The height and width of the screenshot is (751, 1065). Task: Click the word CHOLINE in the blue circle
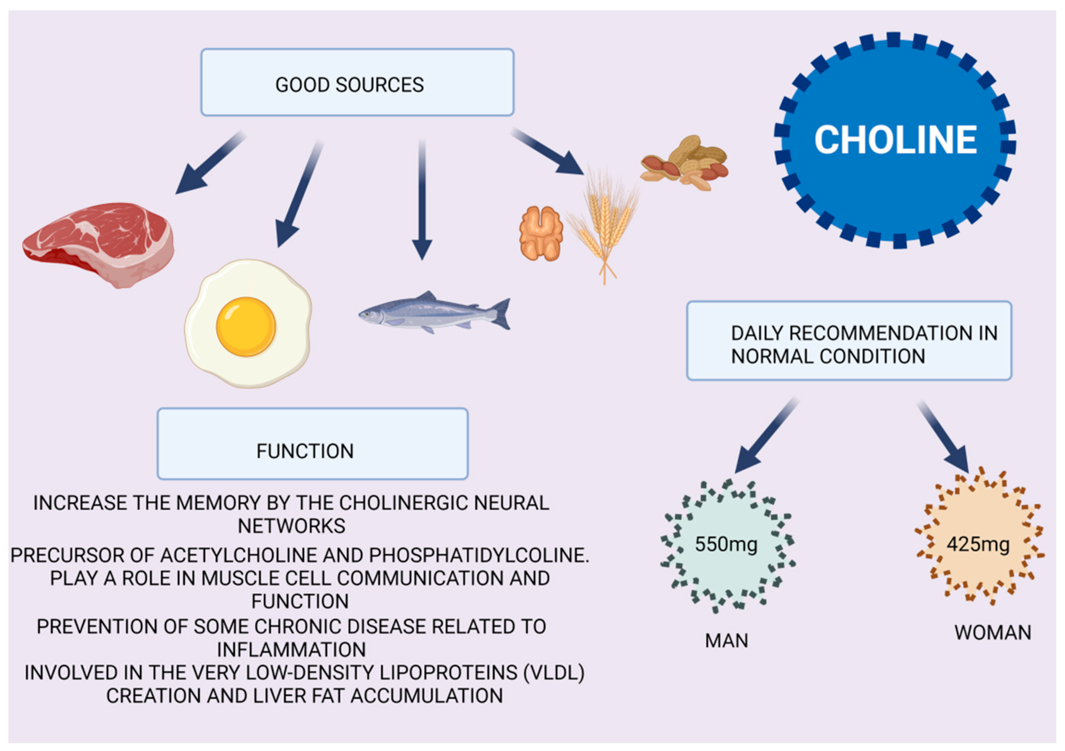click(895, 140)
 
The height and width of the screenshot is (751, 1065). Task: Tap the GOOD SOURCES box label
click(349, 85)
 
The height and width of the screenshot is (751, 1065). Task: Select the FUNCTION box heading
click(305, 451)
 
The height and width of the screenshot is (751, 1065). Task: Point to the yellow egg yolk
click(246, 326)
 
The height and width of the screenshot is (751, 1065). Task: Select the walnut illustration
click(541, 233)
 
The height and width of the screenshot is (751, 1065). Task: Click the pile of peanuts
click(684, 163)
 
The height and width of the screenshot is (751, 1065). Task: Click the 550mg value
click(726, 544)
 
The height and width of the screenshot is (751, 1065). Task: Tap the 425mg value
click(978, 544)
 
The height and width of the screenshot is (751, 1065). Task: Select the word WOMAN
click(992, 633)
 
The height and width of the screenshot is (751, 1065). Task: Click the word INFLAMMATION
click(291, 649)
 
